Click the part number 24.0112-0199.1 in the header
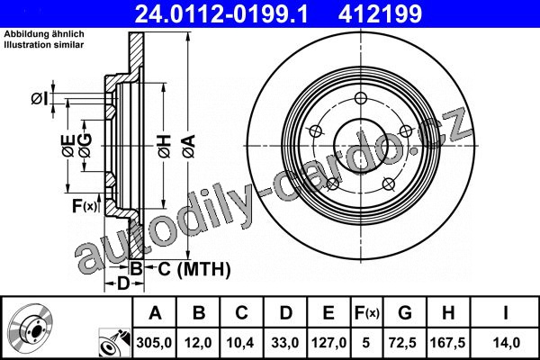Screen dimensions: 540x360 coord(221,14)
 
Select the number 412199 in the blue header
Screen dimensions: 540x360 coord(380,14)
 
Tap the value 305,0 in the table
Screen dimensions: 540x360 coord(154,343)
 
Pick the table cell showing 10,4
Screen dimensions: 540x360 coord(240,343)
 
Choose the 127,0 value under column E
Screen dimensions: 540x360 coord(328,343)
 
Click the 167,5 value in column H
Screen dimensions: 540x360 coord(447,343)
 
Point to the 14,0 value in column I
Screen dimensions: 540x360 coord(506,343)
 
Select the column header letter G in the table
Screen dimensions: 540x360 coord(405,313)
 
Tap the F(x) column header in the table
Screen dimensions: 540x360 coord(366,313)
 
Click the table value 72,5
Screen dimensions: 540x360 coord(402,343)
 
